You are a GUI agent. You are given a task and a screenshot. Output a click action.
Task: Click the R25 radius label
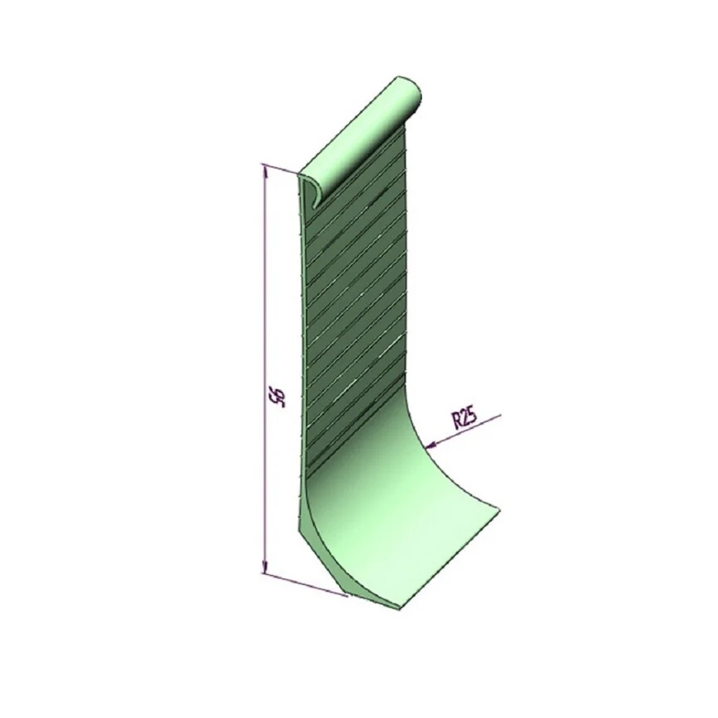point(465,420)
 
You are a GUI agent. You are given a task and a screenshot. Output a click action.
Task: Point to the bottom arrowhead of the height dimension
point(264,567)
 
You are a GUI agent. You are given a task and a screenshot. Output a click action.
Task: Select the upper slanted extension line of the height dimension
point(279,169)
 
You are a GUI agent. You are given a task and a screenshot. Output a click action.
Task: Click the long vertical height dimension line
point(264,369)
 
